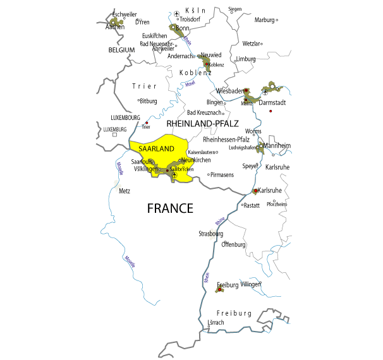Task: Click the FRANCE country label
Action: (x=170, y=208)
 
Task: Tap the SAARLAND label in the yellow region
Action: (x=152, y=148)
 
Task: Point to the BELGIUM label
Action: (x=121, y=50)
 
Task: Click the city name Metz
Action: (x=125, y=191)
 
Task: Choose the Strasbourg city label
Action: (x=211, y=234)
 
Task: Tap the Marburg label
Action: (x=264, y=20)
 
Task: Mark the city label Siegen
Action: (x=234, y=9)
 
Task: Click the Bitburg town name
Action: (x=149, y=101)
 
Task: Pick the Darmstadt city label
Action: (x=272, y=102)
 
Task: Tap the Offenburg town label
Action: (x=233, y=244)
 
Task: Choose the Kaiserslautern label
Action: (x=202, y=152)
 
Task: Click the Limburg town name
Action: (x=246, y=59)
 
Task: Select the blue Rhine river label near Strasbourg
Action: (x=220, y=220)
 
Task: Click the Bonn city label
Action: (x=183, y=28)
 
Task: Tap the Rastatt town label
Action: (x=252, y=205)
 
